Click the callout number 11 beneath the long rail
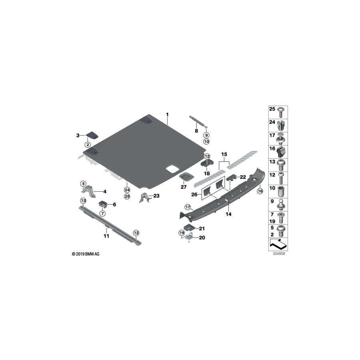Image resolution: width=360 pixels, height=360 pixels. (106, 236)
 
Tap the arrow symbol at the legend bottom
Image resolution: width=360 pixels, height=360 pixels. (278, 242)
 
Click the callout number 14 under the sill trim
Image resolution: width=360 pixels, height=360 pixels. (229, 214)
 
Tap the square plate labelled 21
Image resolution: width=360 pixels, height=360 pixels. (192, 228)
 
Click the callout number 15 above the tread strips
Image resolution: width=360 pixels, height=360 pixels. (224, 154)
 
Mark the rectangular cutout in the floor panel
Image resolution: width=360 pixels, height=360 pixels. (172, 169)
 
